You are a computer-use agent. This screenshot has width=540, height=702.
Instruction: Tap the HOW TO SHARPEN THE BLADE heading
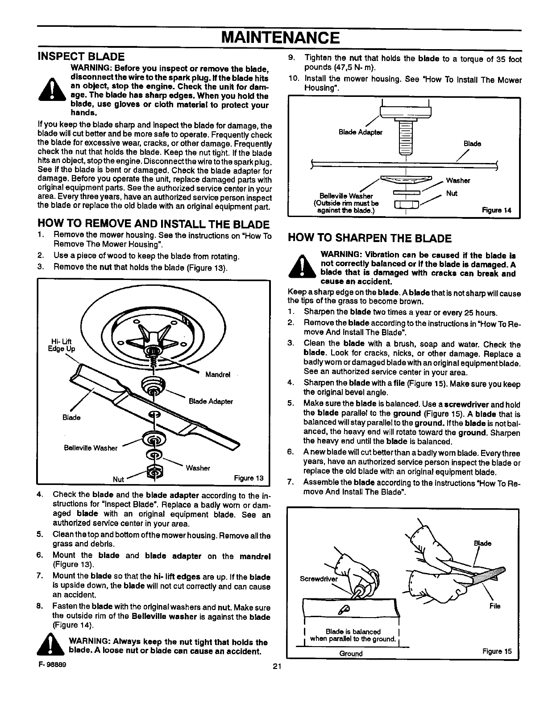click(x=370, y=238)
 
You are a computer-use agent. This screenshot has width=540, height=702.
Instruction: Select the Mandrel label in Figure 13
click(x=218, y=375)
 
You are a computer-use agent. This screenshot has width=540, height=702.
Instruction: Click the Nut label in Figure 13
click(x=118, y=480)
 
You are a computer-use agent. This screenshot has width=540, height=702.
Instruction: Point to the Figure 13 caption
click(x=249, y=478)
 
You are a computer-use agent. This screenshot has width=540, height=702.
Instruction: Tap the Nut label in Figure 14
click(x=452, y=193)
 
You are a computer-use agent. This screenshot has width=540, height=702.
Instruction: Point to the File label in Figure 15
click(x=494, y=606)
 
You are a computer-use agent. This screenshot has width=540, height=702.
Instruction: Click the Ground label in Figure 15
click(x=351, y=654)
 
